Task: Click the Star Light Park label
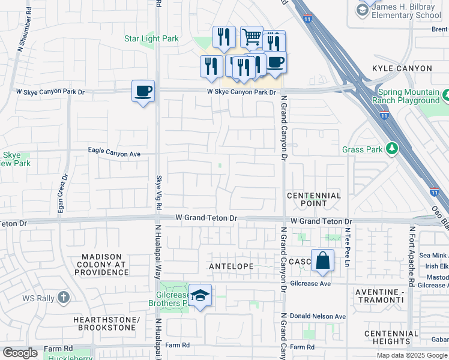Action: pos(151,39)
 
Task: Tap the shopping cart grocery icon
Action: pos(252,37)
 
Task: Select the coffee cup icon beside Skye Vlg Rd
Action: pos(143,91)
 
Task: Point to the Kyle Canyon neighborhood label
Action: pos(402,69)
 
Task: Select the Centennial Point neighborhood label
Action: pos(314,200)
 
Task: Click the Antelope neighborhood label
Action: pos(231,266)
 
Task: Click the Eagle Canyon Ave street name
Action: pos(114,154)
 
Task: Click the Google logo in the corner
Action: pos(20,353)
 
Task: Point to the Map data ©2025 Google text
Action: pos(411,355)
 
